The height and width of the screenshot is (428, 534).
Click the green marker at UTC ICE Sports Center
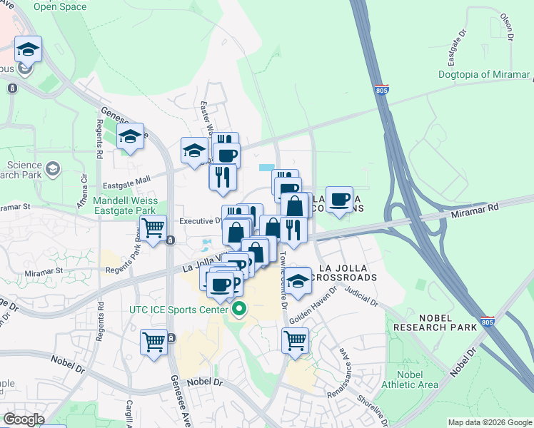click(239, 310)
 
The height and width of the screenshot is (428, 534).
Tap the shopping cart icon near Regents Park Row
click(153, 229)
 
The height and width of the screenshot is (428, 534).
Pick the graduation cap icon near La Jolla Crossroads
click(298, 280)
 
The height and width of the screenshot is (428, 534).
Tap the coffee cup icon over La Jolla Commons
click(339, 198)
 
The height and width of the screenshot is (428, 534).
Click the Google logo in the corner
click(24, 419)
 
